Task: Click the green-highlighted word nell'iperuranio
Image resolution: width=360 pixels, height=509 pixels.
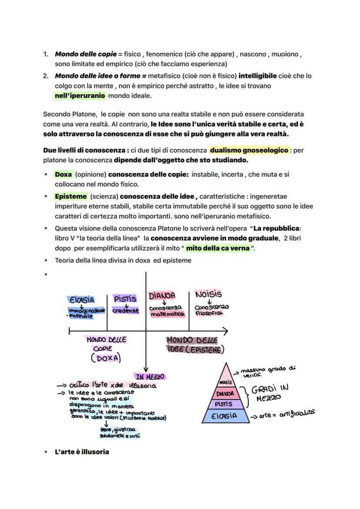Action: coord(80,96)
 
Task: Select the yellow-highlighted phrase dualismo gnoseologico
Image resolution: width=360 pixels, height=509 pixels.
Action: coord(249,150)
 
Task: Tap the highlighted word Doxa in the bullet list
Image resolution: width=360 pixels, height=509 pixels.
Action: coord(63,174)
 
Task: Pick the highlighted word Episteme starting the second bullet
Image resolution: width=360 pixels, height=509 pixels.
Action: coord(70,196)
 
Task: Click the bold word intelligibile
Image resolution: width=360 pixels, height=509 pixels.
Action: coord(257,76)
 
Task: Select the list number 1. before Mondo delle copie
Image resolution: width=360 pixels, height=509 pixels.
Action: coord(46,54)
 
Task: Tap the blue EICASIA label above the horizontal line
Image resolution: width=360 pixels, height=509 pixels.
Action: coord(81,300)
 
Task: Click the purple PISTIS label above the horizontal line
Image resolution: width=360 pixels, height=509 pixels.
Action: coord(125,299)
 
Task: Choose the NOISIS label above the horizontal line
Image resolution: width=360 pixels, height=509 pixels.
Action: coord(208,295)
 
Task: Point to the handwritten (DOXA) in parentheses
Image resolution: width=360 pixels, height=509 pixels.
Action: coord(106,358)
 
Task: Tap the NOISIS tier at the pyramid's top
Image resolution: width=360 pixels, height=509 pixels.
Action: coord(225,382)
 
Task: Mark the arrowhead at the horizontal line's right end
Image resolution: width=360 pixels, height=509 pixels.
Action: coord(225,331)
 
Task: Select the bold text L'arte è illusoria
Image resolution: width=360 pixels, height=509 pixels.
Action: coord(82,452)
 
